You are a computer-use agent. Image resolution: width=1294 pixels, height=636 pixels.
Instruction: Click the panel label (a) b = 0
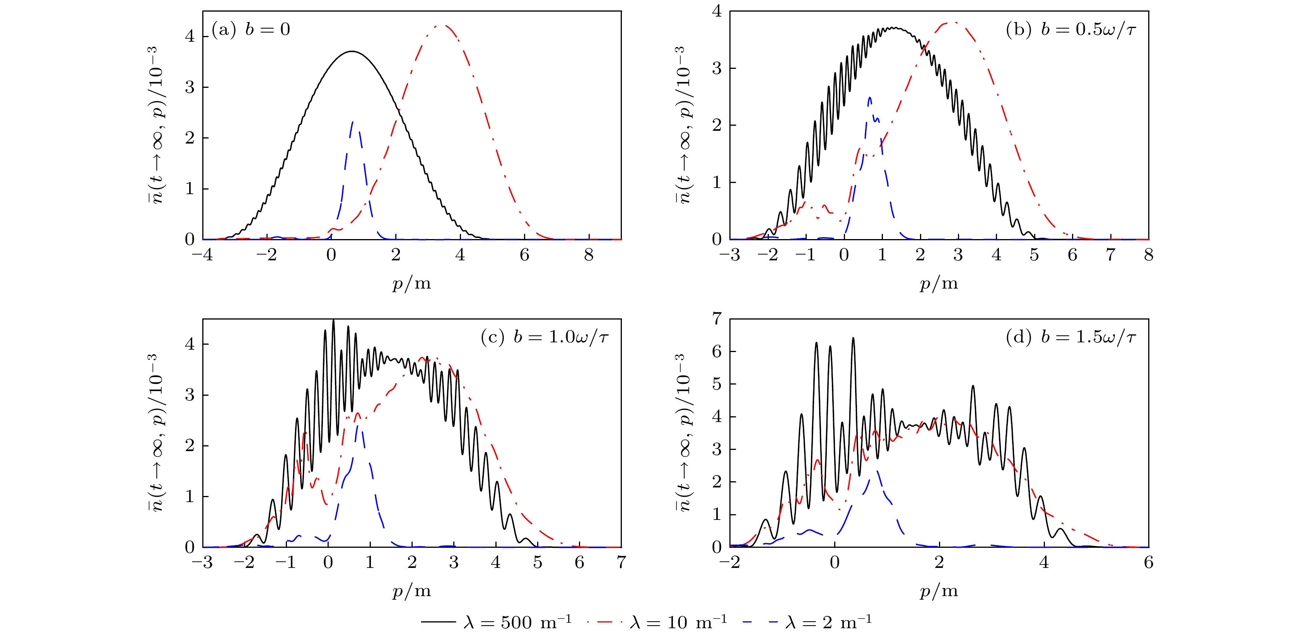(251, 30)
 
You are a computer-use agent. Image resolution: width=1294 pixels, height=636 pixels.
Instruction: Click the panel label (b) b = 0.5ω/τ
(1070, 30)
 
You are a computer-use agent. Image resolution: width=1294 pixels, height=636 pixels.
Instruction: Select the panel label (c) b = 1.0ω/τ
(545, 337)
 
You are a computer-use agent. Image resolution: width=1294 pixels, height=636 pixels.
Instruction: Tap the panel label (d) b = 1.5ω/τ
(1070, 337)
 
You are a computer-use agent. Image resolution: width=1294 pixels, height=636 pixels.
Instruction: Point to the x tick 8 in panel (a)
(589, 255)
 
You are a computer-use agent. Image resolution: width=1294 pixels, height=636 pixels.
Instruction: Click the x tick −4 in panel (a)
(202, 255)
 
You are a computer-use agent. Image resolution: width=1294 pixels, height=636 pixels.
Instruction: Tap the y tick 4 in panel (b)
(717, 11)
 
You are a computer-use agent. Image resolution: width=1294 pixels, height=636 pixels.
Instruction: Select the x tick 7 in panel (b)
(1110, 255)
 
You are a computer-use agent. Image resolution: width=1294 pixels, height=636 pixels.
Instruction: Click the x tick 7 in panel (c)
(621, 562)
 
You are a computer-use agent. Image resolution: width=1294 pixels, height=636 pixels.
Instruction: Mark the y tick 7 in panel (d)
(717, 318)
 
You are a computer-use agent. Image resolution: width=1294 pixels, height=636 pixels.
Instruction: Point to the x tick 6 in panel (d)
(1148, 562)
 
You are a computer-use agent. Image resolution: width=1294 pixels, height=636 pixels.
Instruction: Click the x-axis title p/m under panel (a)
(411, 284)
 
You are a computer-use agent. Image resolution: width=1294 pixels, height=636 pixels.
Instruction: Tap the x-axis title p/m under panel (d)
(938, 591)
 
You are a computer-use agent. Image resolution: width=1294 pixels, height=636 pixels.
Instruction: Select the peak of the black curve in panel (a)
(352, 51)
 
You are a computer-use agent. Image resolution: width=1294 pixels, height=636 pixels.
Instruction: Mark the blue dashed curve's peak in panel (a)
(353, 121)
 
